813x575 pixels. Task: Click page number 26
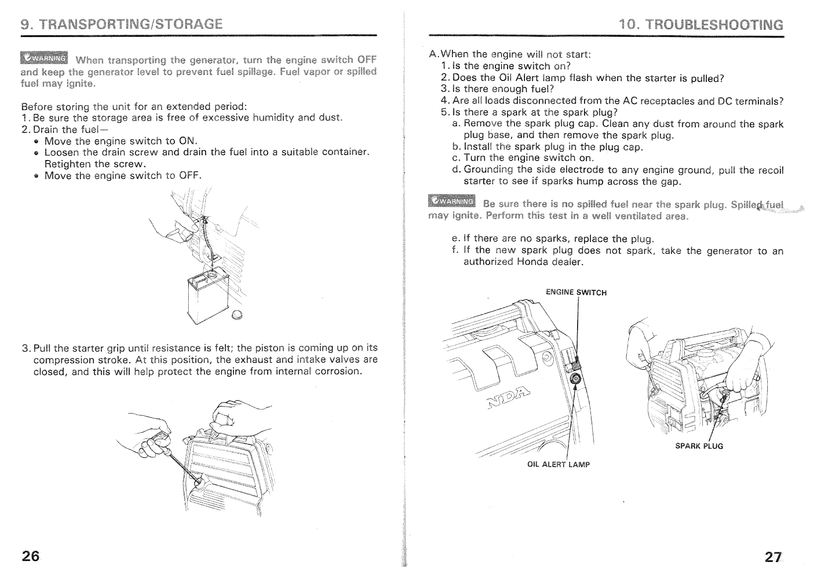click(x=30, y=556)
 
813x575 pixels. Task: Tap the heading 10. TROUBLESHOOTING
click(x=701, y=25)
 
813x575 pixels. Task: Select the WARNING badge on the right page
click(x=451, y=201)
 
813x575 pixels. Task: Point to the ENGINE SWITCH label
click(x=576, y=292)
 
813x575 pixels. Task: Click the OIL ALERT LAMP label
click(x=558, y=465)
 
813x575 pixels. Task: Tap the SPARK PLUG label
click(x=699, y=446)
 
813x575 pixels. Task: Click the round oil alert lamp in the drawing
click(x=576, y=379)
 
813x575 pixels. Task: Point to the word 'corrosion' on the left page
click(x=334, y=371)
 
